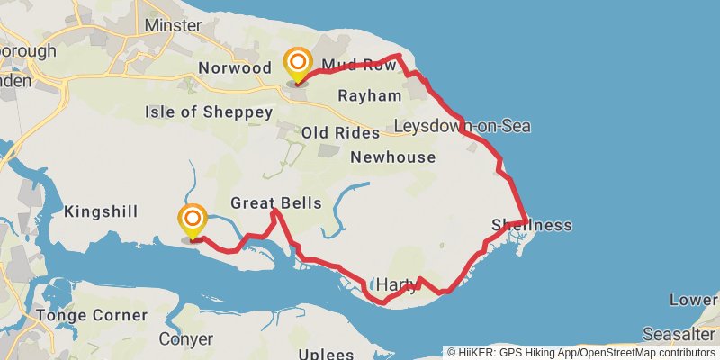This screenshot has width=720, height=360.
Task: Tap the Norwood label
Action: (x=235, y=68)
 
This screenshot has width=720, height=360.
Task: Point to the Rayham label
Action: (x=369, y=95)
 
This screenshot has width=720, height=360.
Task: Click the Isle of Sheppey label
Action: (x=208, y=112)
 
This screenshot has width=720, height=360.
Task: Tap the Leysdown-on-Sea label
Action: (x=462, y=126)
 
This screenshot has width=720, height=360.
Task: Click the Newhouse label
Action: (x=392, y=157)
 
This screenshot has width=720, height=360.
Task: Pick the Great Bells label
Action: (x=275, y=203)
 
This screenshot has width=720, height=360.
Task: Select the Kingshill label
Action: (x=101, y=212)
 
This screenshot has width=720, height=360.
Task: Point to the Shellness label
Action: (x=532, y=225)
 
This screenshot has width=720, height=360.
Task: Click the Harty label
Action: (x=396, y=285)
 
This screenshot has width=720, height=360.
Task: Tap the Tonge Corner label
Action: (x=91, y=316)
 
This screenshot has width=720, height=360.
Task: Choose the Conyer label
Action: (x=185, y=339)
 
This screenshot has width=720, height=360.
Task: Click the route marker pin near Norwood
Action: (x=297, y=65)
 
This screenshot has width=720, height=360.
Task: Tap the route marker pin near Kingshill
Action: (x=193, y=220)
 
